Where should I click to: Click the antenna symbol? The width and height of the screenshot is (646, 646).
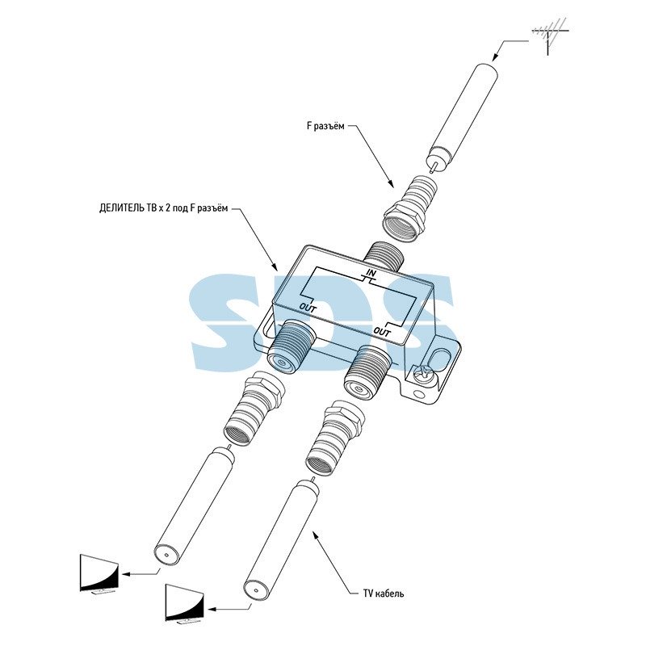[x=550, y=35]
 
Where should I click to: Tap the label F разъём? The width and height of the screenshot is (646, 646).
[x=325, y=126]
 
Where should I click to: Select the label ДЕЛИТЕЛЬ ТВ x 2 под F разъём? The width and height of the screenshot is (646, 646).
[x=163, y=208]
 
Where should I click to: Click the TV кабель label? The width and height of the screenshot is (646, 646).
[x=384, y=594]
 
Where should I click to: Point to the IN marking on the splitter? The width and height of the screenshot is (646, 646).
[x=371, y=272]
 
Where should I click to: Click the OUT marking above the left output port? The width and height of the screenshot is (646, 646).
[x=308, y=307]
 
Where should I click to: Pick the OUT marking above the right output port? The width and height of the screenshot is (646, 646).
[x=382, y=331]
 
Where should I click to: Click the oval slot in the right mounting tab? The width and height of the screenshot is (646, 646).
[x=439, y=359]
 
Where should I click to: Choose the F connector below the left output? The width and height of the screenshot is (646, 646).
[x=254, y=409]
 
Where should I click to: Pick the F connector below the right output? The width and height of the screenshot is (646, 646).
[x=335, y=437]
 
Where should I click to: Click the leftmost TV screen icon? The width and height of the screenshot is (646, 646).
[x=99, y=574]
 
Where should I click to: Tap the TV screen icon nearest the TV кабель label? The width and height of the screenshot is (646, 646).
[x=184, y=603]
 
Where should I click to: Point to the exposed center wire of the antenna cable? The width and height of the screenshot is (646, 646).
[x=432, y=167]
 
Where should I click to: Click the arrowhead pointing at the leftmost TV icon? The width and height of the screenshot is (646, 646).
[x=127, y=573]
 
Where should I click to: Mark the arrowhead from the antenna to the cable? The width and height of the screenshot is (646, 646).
[x=496, y=57]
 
